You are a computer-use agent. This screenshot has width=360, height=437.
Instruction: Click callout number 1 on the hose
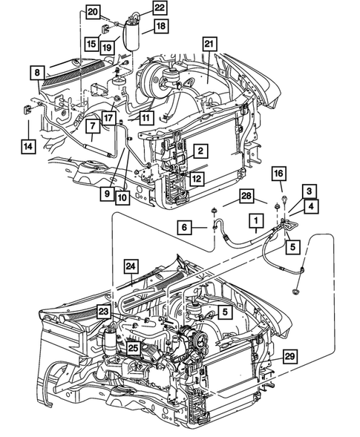pos(255,220)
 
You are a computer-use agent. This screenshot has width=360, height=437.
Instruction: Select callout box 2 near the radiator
pos(199,151)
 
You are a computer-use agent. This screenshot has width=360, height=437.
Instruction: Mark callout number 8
pos(36,73)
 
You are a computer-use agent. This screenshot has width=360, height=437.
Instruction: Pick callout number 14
pos(27,146)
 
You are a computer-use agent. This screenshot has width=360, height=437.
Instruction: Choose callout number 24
pos(131,266)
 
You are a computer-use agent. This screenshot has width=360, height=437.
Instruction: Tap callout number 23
pos(103,313)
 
